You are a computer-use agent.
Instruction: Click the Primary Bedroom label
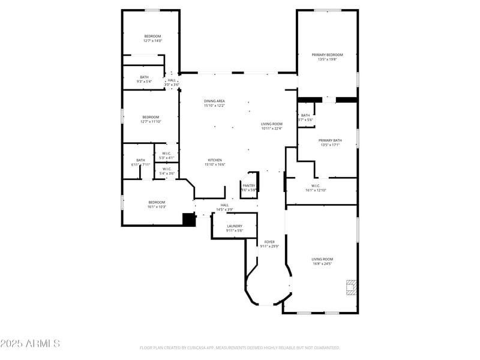[x=327, y=55]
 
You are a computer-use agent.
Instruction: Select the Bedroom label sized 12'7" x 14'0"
[x=153, y=37]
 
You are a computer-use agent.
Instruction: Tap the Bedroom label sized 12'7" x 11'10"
[x=151, y=117]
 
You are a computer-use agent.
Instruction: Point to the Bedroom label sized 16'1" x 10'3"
[x=157, y=202]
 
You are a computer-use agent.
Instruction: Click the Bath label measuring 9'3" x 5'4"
[x=145, y=77]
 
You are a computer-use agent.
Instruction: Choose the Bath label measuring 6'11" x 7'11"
[x=140, y=160]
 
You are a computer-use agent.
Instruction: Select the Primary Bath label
[x=330, y=140]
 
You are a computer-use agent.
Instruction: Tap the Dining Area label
[x=214, y=101]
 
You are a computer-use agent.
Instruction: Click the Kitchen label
[x=215, y=160]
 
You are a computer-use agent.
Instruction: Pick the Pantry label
[x=249, y=185]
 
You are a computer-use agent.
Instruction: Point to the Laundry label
[x=235, y=226]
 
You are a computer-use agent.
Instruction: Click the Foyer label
[x=269, y=242]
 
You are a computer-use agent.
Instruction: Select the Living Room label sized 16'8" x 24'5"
[x=322, y=259]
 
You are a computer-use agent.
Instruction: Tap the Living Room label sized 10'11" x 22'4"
[x=272, y=124]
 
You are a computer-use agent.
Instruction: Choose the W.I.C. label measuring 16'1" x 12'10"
[x=316, y=185]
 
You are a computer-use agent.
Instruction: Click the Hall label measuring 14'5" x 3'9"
[x=224, y=205]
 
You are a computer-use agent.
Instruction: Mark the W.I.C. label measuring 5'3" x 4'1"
[x=167, y=153]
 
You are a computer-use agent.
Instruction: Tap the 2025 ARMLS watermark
[x=30, y=344]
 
